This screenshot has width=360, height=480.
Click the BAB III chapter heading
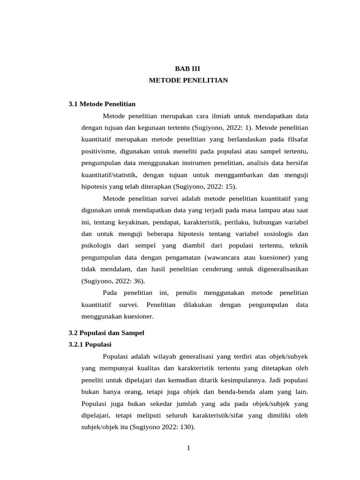[188, 68]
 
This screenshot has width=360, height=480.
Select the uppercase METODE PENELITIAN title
[188, 80]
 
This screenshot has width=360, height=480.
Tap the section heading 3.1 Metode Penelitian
[102, 104]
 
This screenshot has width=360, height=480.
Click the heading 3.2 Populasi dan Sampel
[106, 333]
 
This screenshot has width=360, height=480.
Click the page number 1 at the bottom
[188, 448]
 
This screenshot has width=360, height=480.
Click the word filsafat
[296, 139]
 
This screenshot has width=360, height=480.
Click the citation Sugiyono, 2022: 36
[113, 281]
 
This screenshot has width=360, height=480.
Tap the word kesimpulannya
[252, 380]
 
